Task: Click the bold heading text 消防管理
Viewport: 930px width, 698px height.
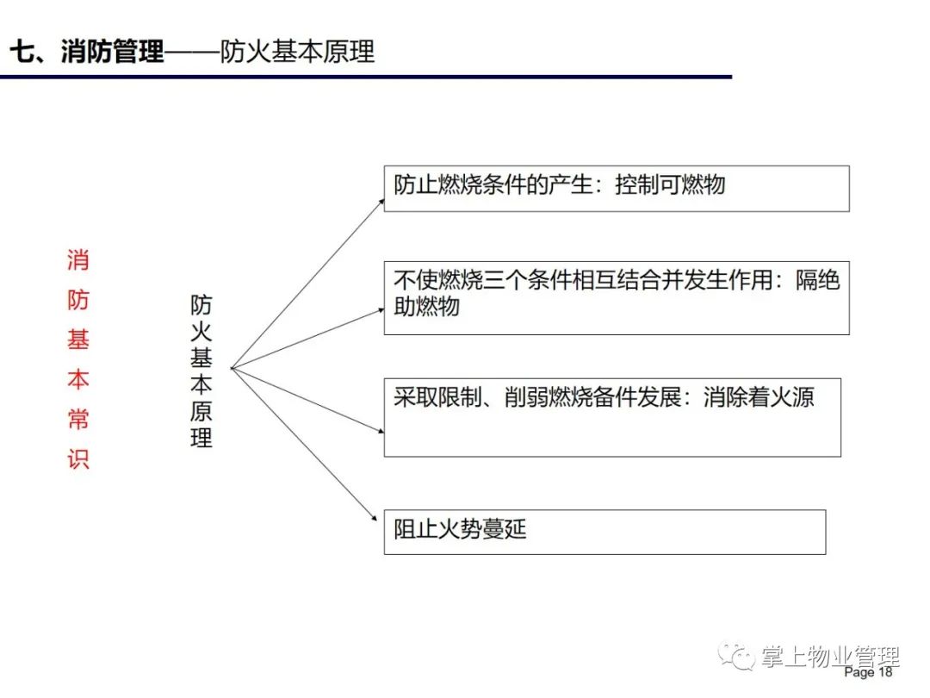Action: [112, 51]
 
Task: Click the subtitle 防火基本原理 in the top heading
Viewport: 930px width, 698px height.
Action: [297, 52]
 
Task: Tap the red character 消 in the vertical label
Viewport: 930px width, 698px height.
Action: [77, 260]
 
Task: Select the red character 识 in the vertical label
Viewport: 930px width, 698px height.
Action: [77, 459]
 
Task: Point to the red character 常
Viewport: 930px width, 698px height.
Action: [77, 419]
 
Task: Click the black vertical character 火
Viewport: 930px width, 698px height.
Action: [201, 331]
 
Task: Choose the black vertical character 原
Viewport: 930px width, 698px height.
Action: [201, 411]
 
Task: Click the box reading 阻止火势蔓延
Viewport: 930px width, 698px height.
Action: [605, 532]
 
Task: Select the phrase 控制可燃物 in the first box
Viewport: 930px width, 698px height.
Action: [670, 184]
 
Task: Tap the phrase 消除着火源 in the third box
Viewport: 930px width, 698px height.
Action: [759, 397]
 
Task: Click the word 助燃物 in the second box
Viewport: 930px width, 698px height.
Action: [426, 306]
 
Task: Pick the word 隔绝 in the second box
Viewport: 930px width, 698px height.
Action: [818, 279]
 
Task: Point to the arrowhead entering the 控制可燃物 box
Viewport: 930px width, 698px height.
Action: [381, 203]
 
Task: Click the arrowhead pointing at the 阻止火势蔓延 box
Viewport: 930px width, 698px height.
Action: [374, 518]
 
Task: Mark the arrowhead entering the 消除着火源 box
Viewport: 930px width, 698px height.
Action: [381, 430]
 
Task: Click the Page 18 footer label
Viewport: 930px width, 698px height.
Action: [868, 672]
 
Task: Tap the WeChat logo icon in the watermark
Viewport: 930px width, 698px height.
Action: [735, 656]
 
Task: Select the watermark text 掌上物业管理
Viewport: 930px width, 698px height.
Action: [830, 657]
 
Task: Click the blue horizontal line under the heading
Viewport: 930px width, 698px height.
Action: [366, 77]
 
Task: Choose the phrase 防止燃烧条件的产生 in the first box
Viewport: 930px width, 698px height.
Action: [493, 184]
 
